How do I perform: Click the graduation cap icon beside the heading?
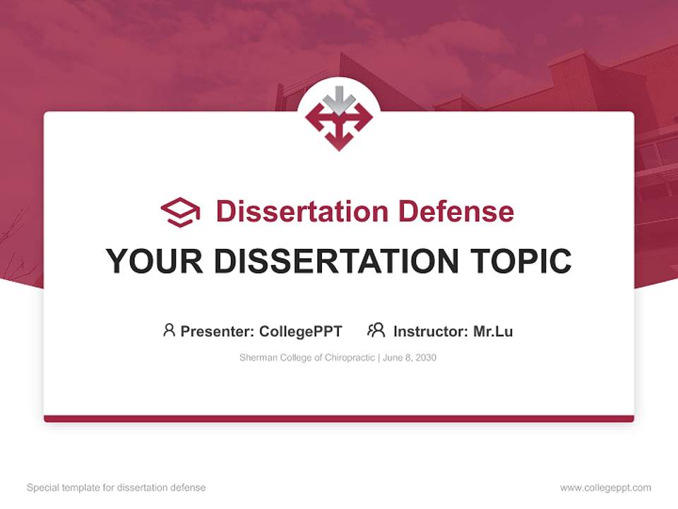[180, 212]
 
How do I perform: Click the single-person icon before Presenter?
[169, 330]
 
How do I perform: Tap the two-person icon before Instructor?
[376, 330]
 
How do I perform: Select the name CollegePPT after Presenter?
[301, 332]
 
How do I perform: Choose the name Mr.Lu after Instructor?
[493, 332]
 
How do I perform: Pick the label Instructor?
[431, 332]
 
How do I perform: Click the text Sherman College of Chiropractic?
[307, 358]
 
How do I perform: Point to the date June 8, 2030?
[410, 358]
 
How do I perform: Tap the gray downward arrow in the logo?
[339, 99]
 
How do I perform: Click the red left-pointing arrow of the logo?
[314, 118]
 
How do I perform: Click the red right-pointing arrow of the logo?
[364, 118]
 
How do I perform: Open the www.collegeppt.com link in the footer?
[605, 488]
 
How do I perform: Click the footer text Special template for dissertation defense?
[117, 488]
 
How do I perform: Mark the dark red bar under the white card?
[339, 419]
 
